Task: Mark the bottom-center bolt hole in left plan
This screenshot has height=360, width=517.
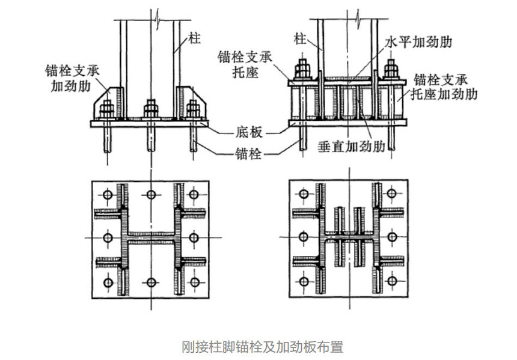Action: (x=150, y=282)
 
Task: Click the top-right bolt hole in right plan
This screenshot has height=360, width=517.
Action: (x=391, y=195)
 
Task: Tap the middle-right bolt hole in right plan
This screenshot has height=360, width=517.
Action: (x=391, y=238)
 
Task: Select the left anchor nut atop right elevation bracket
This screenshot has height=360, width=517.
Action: (x=301, y=70)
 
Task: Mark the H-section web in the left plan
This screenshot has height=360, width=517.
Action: (x=150, y=238)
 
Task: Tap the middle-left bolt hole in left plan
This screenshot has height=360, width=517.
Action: (x=107, y=238)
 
